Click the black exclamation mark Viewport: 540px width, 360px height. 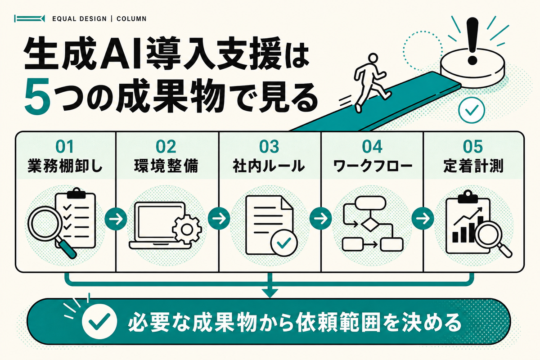click(x=472, y=40)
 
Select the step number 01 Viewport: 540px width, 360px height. click(x=64, y=147)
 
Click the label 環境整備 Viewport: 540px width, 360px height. click(x=166, y=166)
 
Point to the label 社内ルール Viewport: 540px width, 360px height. click(x=269, y=166)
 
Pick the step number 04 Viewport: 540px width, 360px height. click(x=372, y=147)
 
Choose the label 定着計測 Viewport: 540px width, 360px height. click(x=473, y=166)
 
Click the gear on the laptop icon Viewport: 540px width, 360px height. click(x=187, y=229)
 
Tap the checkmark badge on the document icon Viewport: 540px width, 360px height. click(x=284, y=243)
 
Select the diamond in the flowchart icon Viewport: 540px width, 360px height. click(x=370, y=225)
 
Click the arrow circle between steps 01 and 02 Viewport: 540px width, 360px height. click(x=116, y=219)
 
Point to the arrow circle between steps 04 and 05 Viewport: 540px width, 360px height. click(x=423, y=219)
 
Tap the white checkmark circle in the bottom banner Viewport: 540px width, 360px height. click(x=99, y=321)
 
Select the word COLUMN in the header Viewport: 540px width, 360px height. click(x=131, y=19)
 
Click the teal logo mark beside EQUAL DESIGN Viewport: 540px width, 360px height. click(x=29, y=18)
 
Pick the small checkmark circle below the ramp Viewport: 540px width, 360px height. click(x=472, y=110)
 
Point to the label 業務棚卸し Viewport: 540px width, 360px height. click(x=65, y=166)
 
